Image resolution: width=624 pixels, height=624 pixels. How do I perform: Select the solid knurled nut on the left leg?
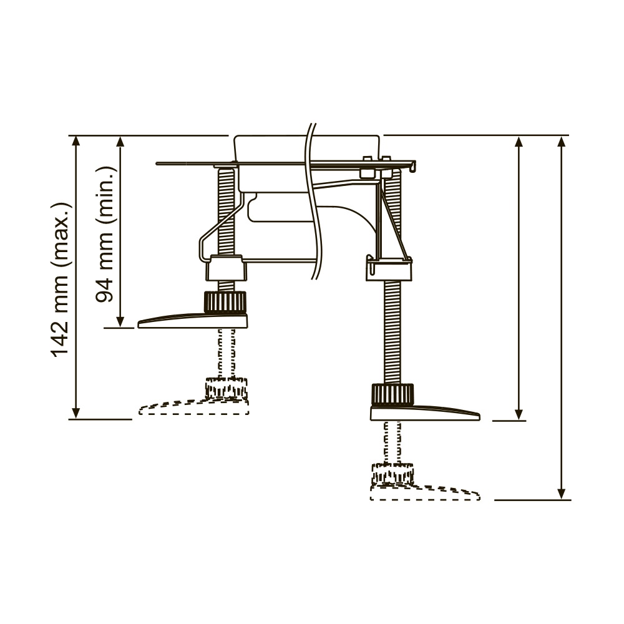point(225,302)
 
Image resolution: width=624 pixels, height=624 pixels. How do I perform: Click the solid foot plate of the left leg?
point(193,320)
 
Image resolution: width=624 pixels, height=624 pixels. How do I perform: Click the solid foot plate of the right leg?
point(425,412)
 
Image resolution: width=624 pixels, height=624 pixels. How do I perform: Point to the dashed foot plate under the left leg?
point(194,407)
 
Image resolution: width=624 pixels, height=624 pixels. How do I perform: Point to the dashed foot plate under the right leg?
point(425,492)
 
